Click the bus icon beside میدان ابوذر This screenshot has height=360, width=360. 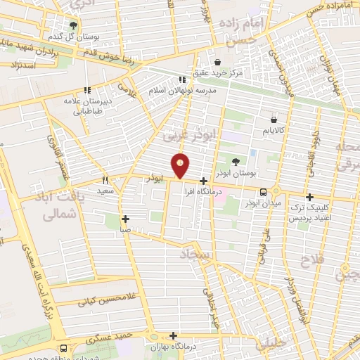pos(263,191)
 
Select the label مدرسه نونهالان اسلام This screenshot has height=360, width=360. pos(182,90)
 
